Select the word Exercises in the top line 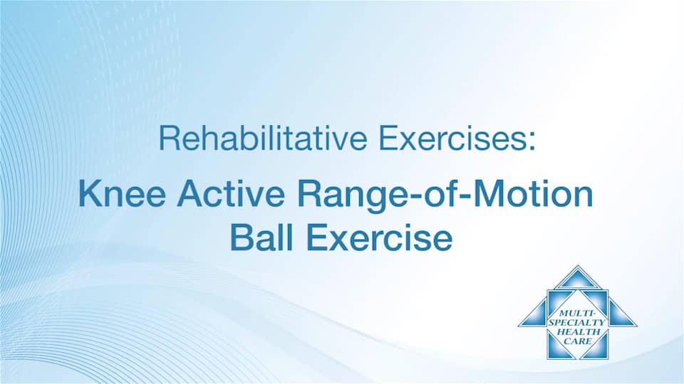click(452, 138)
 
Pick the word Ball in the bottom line click(261, 238)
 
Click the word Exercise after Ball click(379, 238)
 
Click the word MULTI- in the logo click(576, 313)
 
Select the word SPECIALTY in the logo click(577, 323)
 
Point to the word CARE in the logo click(578, 341)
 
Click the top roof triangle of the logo click(578, 279)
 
